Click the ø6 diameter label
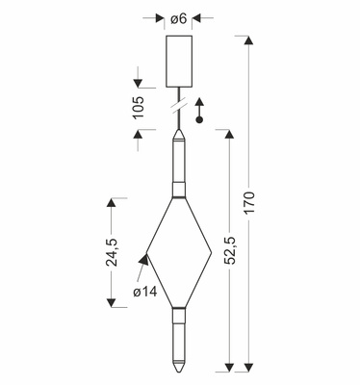[x=179, y=18]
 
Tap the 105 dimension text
[x=139, y=108]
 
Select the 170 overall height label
[x=248, y=202]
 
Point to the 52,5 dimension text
[x=229, y=250]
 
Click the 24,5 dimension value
[x=112, y=252]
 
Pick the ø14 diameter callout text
[x=145, y=292]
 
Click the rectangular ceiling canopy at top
[x=179, y=62]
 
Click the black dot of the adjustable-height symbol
[x=199, y=120]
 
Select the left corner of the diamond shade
[x=146, y=253]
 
